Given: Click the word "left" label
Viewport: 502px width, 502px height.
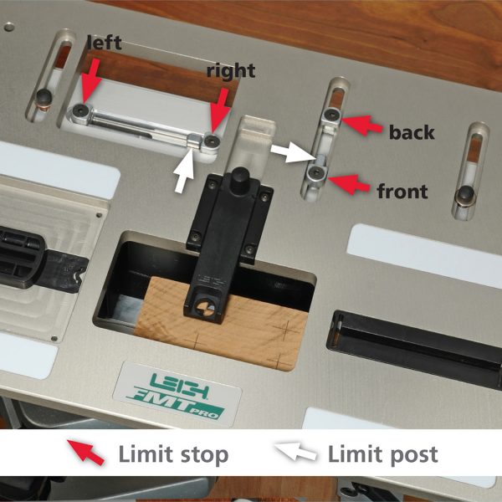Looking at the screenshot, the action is [x=105, y=43].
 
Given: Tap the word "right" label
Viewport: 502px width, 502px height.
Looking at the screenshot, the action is [x=231, y=71].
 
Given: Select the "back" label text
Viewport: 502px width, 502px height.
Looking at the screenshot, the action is [x=412, y=132].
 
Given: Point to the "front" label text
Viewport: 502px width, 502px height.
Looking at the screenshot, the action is [x=402, y=191].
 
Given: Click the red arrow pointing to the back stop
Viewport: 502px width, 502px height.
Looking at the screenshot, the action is [x=361, y=125].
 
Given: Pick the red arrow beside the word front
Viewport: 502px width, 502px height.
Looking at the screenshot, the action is [x=349, y=184].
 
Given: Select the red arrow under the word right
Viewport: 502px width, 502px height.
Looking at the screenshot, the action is [x=221, y=110].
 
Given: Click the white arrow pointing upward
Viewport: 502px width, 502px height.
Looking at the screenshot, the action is [x=183, y=171].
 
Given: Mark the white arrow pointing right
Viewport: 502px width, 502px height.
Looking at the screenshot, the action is [x=292, y=151].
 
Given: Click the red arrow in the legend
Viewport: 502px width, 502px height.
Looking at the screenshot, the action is [x=85, y=452].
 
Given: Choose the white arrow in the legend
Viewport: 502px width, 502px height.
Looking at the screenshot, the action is [x=295, y=452].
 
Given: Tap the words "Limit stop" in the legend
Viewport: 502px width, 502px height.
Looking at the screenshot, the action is [x=173, y=454].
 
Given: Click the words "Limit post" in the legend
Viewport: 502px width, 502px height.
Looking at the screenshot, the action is [x=383, y=454].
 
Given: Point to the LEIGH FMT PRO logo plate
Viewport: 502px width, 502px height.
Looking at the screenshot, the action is [x=177, y=395].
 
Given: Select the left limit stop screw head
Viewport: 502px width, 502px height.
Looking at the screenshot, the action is [x=79, y=110].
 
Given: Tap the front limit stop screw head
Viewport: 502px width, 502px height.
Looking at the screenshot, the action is [x=316, y=173].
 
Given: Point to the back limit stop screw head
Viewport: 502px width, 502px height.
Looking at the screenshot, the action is [x=333, y=114].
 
